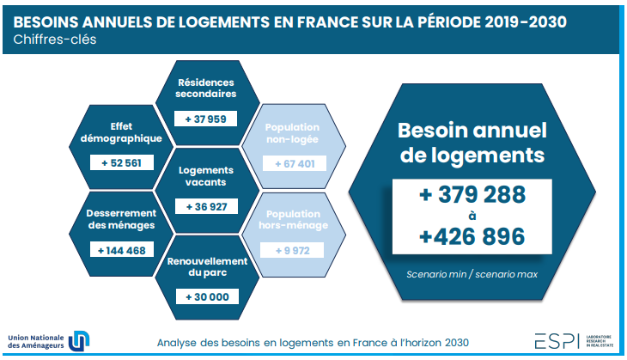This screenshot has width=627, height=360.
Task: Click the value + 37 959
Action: pyautogui.click(x=204, y=119)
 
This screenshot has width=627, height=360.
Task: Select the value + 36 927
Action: pyautogui.click(x=204, y=207)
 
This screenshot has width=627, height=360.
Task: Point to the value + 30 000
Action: pyautogui.click(x=204, y=296)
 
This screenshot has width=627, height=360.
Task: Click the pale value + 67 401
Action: pyautogui.click(x=293, y=163)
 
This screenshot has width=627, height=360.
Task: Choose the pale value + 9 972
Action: pyautogui.click(x=292, y=251)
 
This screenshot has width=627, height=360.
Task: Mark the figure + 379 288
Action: pyautogui.click(x=472, y=196)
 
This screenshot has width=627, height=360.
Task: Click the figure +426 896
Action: pyautogui.click(x=472, y=235)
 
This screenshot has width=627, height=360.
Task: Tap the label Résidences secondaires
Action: pyautogui.click(x=205, y=88)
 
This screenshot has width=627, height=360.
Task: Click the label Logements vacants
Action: pyautogui.click(x=205, y=176)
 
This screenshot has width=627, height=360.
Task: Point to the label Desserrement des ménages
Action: pyautogui.click(x=121, y=219)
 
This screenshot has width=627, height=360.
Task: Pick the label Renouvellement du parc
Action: pyautogui.click(x=205, y=266)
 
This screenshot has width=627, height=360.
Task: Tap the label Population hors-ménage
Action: pyautogui.click(x=292, y=219)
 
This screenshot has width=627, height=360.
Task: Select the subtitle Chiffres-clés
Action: pyautogui.click(x=55, y=40)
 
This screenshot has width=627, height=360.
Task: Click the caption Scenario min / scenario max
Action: pyautogui.click(x=472, y=274)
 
